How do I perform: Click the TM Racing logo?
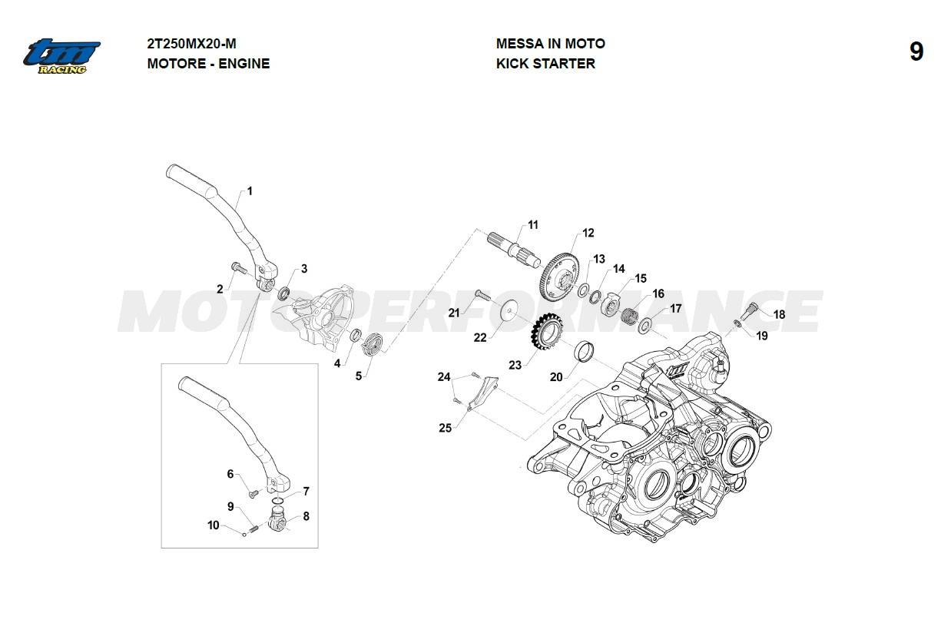tap(61, 56)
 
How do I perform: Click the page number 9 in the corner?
tap(916, 52)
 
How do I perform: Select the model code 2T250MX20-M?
tap(191, 44)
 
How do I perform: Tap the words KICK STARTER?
tap(545, 64)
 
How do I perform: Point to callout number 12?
tap(588, 233)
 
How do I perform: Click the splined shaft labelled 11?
tap(514, 250)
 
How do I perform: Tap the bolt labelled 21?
tap(482, 295)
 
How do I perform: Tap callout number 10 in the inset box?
tap(214, 525)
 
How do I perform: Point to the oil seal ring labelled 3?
tap(285, 293)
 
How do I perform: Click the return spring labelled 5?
tap(373, 344)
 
